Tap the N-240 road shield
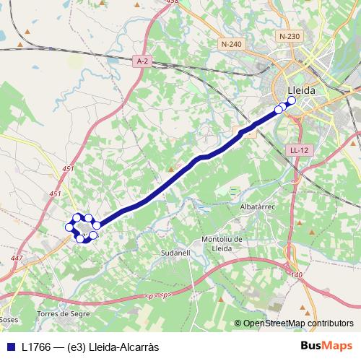(232, 44)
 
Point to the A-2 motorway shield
(142, 62)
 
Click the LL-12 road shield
(299, 150)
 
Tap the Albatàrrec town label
(258, 206)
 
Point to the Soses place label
(8, 318)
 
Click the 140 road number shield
(296, 275)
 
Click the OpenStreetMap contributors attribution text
(298, 323)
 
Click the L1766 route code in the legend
(37, 347)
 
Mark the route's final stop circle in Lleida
(290, 102)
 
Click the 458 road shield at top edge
(191, 2)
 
